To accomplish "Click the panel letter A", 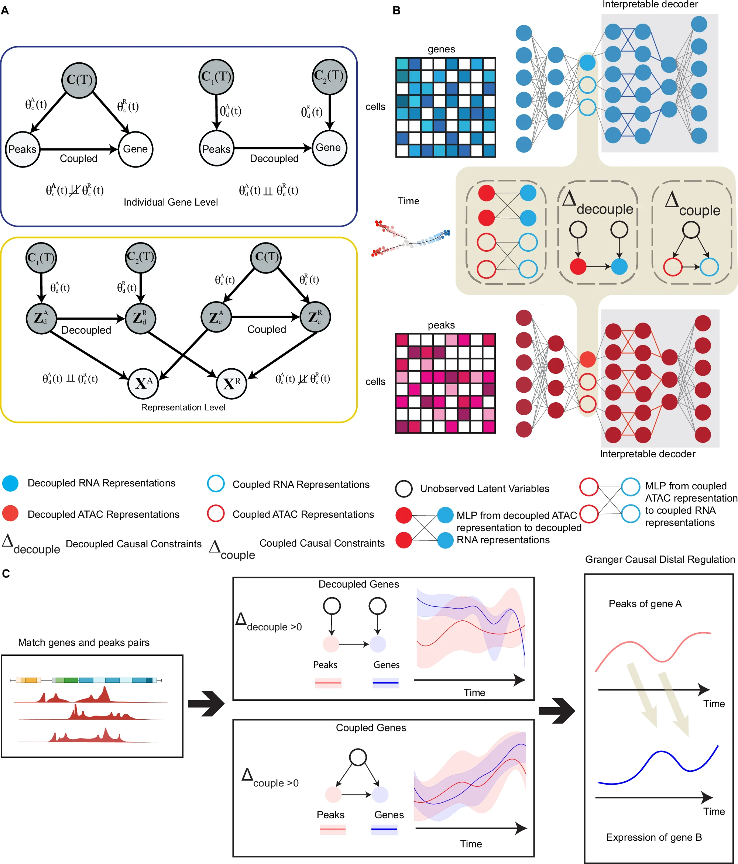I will pos(5,10).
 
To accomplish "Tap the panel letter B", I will pos(397,10).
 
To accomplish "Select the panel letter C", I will pos(6,574).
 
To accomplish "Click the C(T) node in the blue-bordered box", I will pos(79,80).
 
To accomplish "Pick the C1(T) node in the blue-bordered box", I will pos(216,77).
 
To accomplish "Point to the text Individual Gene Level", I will pos(171,202).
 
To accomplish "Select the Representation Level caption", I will pos(183,407).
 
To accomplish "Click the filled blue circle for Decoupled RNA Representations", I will pos(10,483).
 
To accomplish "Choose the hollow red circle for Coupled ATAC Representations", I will pos(216,514).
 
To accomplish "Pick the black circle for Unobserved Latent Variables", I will pos(404,489).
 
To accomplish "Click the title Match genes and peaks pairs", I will pos(83,643).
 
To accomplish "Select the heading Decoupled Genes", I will pos(358,584).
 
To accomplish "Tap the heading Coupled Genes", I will pos(371,728).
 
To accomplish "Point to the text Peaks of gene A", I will pos(645,604).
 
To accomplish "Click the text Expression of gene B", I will pos(654,837).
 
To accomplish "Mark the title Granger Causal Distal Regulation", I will pos(660,560).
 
